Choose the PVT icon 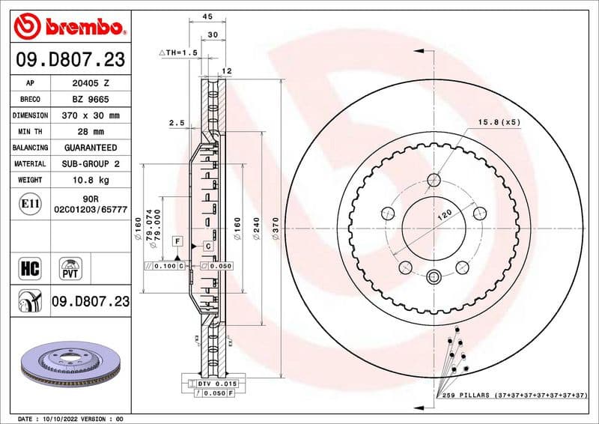pos(72,268)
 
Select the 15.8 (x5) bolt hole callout pos(499,121)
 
